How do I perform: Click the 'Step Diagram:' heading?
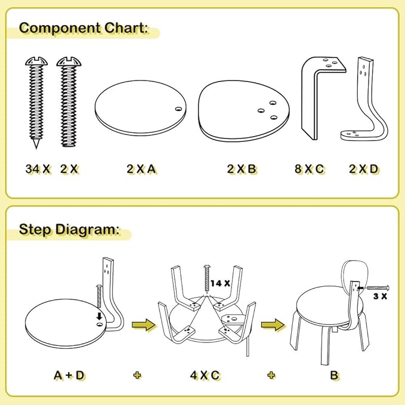tap(69, 229)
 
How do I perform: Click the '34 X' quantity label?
tap(38, 169)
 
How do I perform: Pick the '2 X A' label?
tap(141, 169)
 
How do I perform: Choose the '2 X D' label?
tap(363, 169)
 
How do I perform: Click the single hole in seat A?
tap(177, 109)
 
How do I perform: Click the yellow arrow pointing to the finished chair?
tap(271, 326)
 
